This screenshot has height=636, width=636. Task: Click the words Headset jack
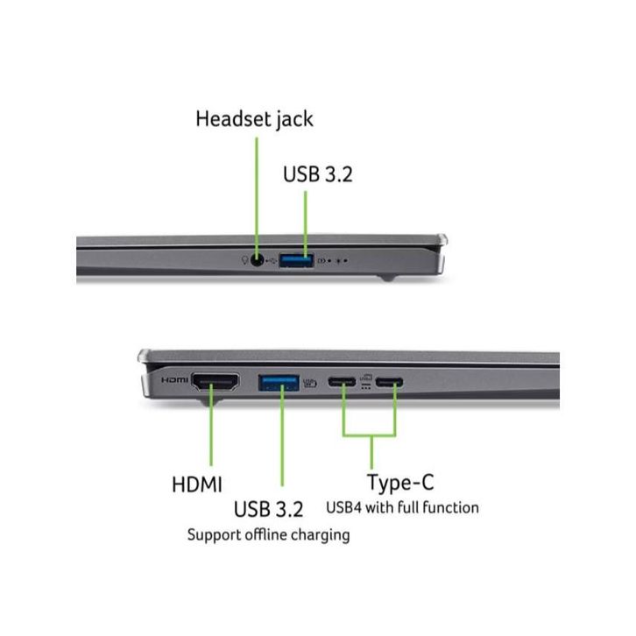[x=253, y=118]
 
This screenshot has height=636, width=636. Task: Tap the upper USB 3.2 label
[x=316, y=173]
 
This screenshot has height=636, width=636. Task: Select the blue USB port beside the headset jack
[x=297, y=260]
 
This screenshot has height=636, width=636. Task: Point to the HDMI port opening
[x=216, y=381]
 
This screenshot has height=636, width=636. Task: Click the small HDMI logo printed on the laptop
[x=175, y=381]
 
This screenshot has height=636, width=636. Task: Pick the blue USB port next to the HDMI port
[x=278, y=381]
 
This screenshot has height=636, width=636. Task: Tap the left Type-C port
[x=342, y=381]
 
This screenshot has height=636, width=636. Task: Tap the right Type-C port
[x=390, y=381]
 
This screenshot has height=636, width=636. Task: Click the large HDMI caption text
[x=197, y=484]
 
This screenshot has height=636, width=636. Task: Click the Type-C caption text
[x=400, y=482]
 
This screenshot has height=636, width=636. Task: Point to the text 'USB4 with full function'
[x=402, y=507]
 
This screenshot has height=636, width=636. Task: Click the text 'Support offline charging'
[x=268, y=534]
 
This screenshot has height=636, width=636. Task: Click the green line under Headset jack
[x=256, y=193]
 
